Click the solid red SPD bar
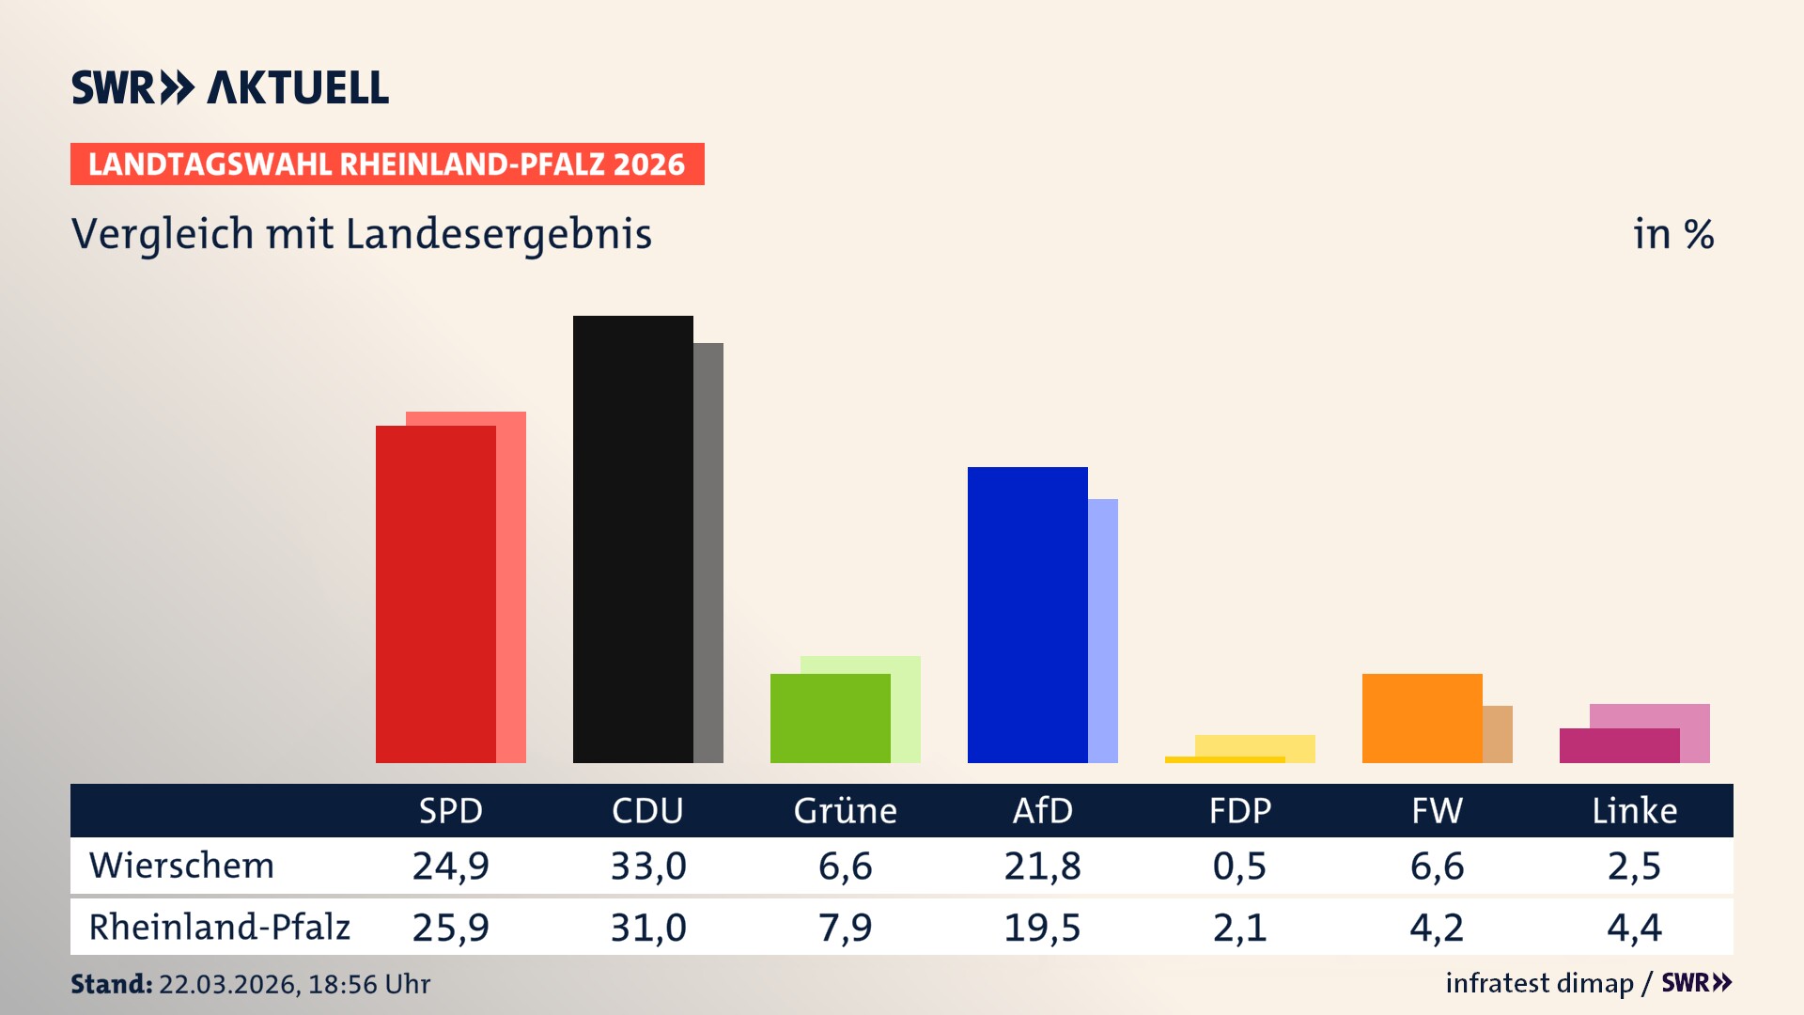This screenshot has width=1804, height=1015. click(x=435, y=594)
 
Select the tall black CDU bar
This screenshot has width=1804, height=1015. click(x=632, y=539)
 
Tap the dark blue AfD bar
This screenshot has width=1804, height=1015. click(x=1027, y=615)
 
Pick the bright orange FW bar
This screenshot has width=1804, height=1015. click(x=1422, y=718)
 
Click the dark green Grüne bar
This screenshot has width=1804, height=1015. click(x=830, y=718)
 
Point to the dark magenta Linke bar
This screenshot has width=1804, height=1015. click(x=1619, y=745)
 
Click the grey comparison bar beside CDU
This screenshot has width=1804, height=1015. click(x=708, y=553)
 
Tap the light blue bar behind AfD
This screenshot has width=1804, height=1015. click(x=1103, y=631)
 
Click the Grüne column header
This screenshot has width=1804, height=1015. click(x=845, y=810)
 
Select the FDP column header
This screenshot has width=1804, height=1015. click(x=1239, y=810)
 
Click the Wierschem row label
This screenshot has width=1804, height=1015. click(x=181, y=866)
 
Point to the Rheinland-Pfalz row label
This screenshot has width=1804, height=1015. click(x=219, y=927)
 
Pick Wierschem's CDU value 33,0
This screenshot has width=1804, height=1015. click(x=647, y=866)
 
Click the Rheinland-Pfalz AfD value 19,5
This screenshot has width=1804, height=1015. click(x=1042, y=928)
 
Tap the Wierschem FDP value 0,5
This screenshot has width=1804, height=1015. click(x=1239, y=866)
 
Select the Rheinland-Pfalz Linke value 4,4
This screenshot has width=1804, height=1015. click(x=1634, y=928)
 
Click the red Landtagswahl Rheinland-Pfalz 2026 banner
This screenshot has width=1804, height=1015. click(x=387, y=164)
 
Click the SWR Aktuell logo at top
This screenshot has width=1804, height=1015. click(x=229, y=87)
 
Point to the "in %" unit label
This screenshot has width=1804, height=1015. click(x=1672, y=234)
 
